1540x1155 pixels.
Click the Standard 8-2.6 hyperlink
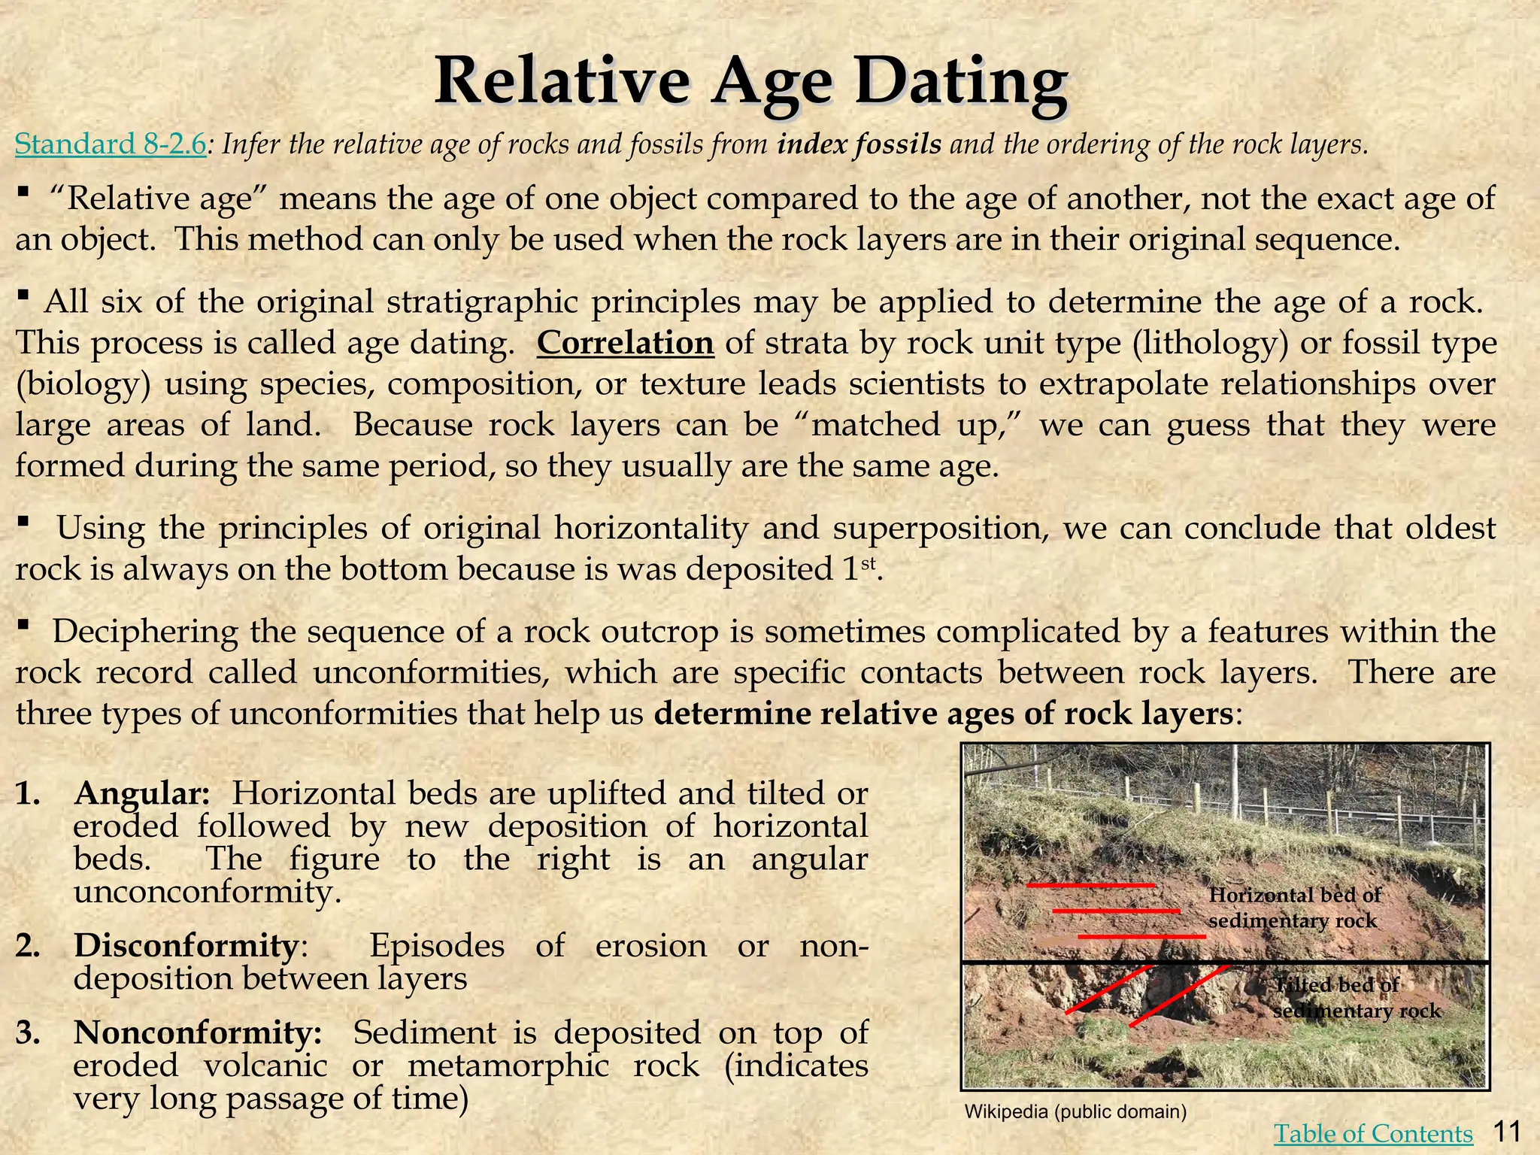110,144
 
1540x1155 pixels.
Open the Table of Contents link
1373,1133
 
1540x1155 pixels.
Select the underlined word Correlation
625,343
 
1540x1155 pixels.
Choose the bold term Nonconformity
198,1032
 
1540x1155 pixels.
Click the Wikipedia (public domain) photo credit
1075,1111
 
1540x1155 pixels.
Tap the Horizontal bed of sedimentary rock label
1294,908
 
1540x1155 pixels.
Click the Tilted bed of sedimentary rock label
1355,997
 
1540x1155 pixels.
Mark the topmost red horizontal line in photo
1090,886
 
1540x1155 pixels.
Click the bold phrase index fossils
859,144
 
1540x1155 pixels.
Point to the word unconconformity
203,893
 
